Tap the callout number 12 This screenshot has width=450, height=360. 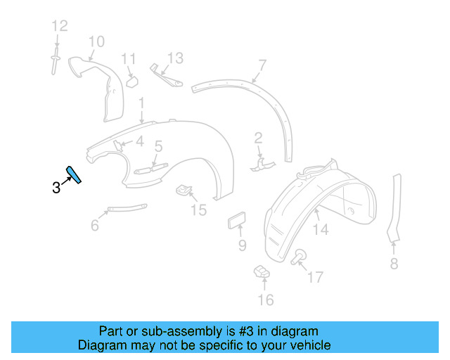coord(59,27)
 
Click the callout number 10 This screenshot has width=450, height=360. coord(96,41)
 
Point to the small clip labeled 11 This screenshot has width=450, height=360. coord(131,82)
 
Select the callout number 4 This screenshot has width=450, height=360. coord(140,141)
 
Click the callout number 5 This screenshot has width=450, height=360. coord(158,146)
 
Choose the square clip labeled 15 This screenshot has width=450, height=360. coord(184,190)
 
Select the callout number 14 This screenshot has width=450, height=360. coord(320,229)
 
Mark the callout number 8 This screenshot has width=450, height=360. coord(394,264)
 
